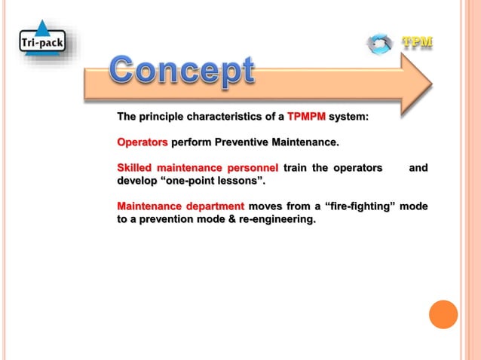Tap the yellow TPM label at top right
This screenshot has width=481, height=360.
point(417,42)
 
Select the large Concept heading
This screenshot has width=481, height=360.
point(182,71)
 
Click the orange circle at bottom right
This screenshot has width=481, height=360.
point(443,314)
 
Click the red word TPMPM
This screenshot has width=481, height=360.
point(305,117)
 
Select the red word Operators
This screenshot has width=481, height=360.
point(142,142)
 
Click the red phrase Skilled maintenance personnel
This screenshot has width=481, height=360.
point(198,167)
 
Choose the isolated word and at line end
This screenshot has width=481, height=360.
point(418,167)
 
